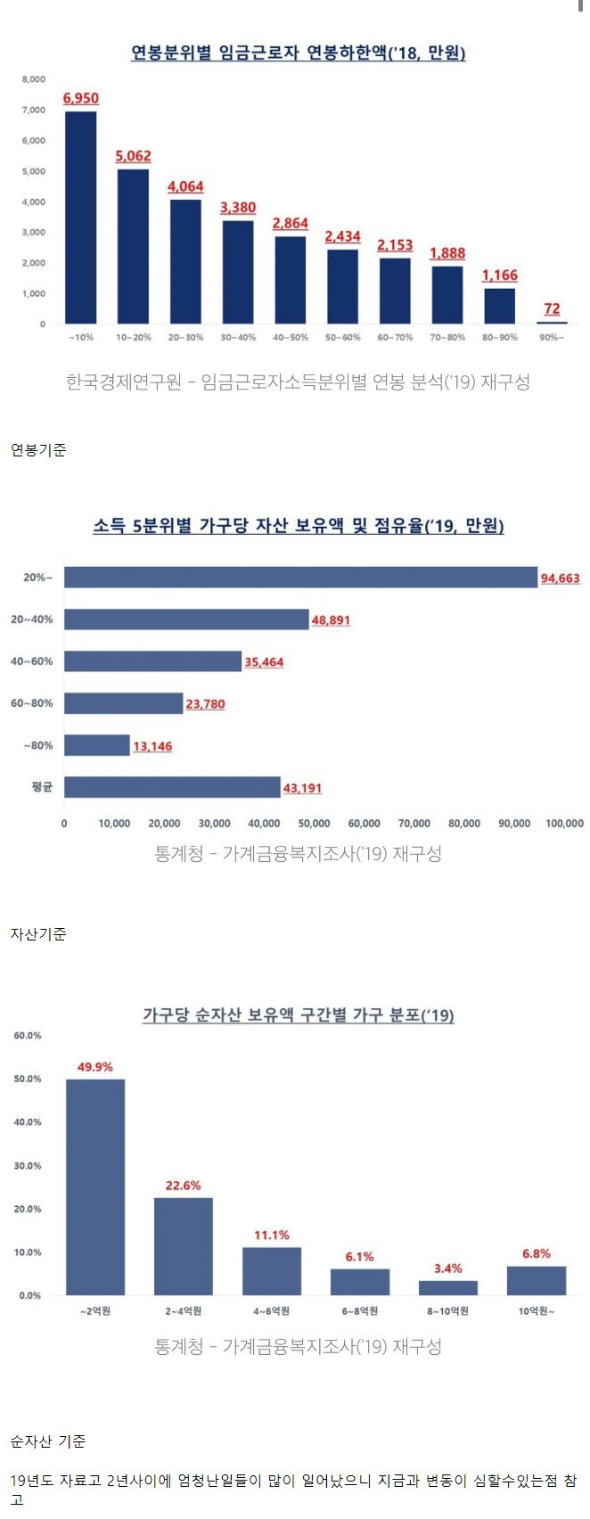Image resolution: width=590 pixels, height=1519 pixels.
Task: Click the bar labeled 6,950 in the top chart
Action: pyautogui.click(x=81, y=218)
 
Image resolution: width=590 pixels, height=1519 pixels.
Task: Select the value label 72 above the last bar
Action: pyautogui.click(x=552, y=309)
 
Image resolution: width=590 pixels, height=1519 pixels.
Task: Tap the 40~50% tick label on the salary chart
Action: pyautogui.click(x=291, y=338)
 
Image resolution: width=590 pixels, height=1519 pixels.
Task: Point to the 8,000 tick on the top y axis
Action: pyautogui.click(x=34, y=79)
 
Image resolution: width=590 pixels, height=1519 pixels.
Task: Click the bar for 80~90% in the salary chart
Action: pyautogui.click(x=500, y=306)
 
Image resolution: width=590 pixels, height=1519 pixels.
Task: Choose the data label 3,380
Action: pyautogui.click(x=238, y=208)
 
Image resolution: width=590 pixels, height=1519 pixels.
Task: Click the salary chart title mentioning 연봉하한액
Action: pyautogui.click(x=299, y=53)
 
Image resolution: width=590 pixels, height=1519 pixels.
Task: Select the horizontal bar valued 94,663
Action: pyautogui.click(x=300, y=578)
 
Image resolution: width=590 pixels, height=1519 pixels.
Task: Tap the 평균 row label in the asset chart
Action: pyautogui.click(x=42, y=787)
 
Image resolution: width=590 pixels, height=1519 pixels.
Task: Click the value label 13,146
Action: pyautogui.click(x=152, y=746)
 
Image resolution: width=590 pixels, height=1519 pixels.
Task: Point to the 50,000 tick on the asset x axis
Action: pyautogui.click(x=314, y=824)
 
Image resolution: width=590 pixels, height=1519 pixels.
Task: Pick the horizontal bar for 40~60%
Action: pyautogui.click(x=153, y=661)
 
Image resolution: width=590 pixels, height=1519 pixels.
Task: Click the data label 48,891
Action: pyautogui.click(x=331, y=620)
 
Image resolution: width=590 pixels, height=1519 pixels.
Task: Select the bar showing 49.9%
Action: pyautogui.click(x=95, y=1186)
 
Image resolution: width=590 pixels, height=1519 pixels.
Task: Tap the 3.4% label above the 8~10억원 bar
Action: pyautogui.click(x=448, y=1269)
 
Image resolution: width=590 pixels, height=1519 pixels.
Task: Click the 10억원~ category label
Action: pyautogui.click(x=537, y=1311)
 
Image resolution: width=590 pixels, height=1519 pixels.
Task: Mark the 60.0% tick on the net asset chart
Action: pyautogui.click(x=28, y=1036)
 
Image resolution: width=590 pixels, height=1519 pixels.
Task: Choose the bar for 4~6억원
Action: pyautogui.click(x=272, y=1271)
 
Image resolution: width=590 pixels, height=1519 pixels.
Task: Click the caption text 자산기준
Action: pyautogui.click(x=38, y=934)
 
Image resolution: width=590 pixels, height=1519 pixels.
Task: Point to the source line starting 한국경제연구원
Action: pyautogui.click(x=298, y=382)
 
